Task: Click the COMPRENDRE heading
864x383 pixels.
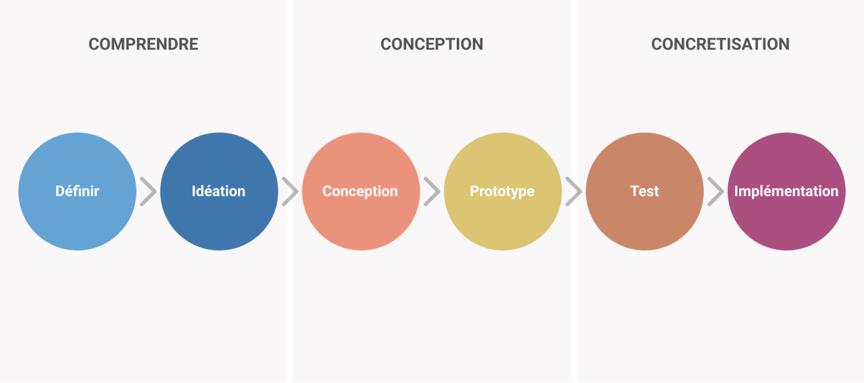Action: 143,44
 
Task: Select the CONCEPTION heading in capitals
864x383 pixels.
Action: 431,44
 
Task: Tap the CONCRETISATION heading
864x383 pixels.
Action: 720,44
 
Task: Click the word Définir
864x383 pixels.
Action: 77,191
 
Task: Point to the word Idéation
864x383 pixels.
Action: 219,191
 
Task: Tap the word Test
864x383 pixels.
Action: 645,191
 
